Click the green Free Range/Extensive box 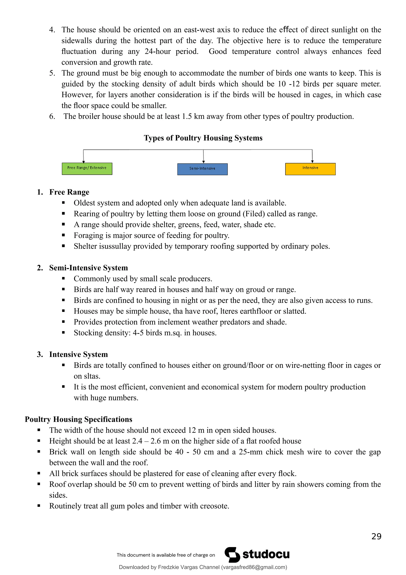[x=87, y=169]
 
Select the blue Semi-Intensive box [x=202, y=169]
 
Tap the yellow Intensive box [x=310, y=169]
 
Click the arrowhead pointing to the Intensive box [x=312, y=162]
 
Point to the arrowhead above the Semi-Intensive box [x=203, y=162]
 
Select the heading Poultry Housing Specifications [x=78, y=419]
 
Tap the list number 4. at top [x=52, y=30]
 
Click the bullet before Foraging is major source [x=64, y=235]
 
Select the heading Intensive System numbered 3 [x=78, y=354]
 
